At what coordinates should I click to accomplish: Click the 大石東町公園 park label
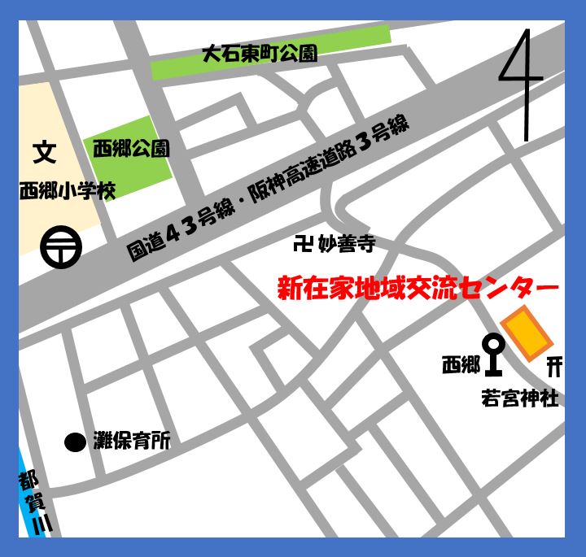point(259,55)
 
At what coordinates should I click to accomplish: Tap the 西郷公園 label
point(131,148)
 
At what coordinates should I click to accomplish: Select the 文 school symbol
point(44,152)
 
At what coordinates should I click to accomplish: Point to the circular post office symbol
point(61,245)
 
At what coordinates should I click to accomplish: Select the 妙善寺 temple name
point(346,243)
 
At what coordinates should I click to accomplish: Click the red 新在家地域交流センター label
point(418,288)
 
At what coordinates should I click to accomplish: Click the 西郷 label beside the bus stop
point(461,366)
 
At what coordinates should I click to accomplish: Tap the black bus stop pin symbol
point(494,355)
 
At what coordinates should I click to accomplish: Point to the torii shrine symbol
point(554,366)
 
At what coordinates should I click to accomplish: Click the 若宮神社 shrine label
point(520,399)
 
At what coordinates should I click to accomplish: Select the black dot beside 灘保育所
point(75,442)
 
